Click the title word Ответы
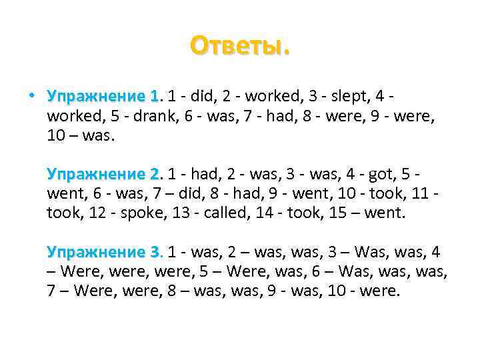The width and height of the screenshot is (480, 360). [x=240, y=46]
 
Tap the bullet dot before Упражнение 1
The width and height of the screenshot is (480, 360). [x=31, y=95]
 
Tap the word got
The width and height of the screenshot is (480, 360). [x=369, y=174]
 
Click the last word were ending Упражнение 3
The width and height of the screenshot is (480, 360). [x=381, y=292]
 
